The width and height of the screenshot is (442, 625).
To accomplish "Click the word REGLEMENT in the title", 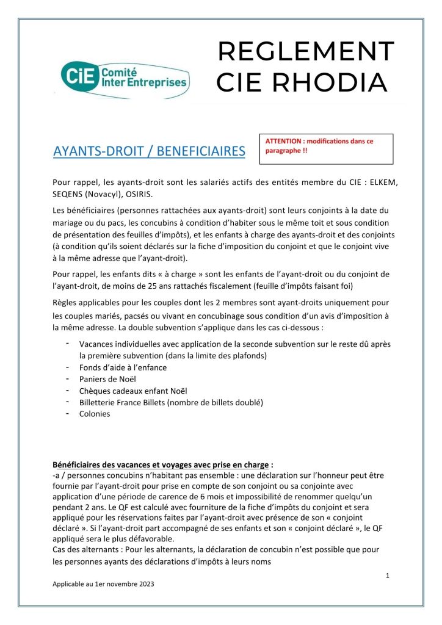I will (306, 51).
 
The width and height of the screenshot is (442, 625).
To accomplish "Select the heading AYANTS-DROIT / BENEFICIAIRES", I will (149, 151).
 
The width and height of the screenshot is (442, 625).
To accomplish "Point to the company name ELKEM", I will (386, 182).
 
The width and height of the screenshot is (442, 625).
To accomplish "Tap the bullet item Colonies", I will (95, 413).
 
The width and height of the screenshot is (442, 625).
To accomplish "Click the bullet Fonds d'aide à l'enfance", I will (123, 367).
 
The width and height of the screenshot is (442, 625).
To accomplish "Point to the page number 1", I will (388, 576).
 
